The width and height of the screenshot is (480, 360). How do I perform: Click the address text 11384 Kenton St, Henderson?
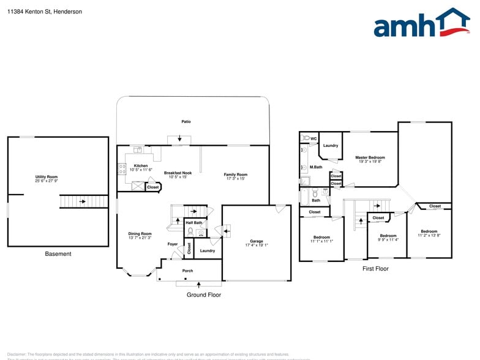point(45,12)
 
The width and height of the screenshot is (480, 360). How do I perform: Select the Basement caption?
point(58,254)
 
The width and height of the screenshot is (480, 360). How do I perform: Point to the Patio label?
point(186,122)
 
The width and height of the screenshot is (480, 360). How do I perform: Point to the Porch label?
point(188,271)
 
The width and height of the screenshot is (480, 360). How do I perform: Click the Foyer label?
point(173,244)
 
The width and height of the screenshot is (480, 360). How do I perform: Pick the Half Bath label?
point(193,222)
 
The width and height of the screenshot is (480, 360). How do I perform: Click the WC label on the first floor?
point(313,139)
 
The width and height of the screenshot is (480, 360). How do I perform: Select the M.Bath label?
point(316,167)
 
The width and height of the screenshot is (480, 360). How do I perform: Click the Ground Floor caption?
point(204,295)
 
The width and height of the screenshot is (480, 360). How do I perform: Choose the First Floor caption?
point(375,269)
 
